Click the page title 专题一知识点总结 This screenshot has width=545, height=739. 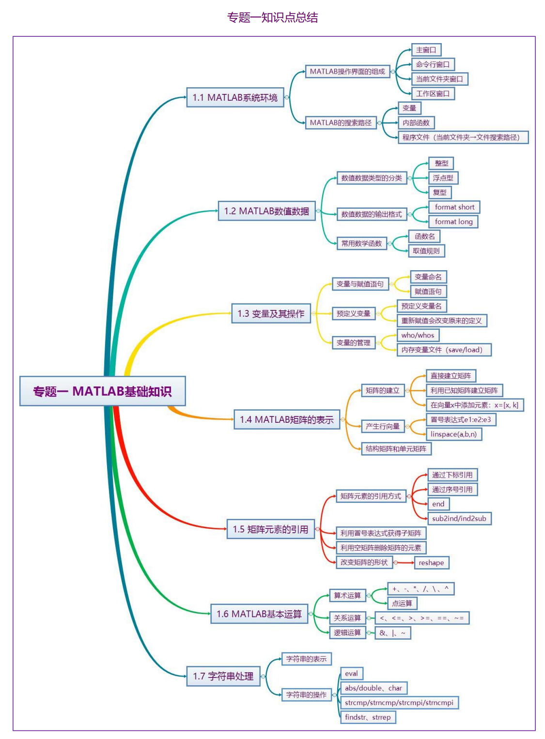tap(272, 17)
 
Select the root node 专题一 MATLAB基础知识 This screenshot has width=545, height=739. tap(103, 391)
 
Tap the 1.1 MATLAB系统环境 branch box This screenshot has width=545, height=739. tap(235, 97)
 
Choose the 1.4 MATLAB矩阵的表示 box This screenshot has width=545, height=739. tap(287, 419)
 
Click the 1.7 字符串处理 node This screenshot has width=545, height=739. tap(223, 676)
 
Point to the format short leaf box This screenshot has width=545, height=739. tap(454, 207)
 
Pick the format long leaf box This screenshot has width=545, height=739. tap(453, 221)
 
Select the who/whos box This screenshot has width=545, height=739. tap(418, 335)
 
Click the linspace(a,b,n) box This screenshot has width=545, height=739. tap(453, 434)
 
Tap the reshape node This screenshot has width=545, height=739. tap(432, 563)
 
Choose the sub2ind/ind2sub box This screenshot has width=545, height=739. tap(459, 518)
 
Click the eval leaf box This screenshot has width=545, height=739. tap(352, 673)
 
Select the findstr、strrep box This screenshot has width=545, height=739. tap(368, 717)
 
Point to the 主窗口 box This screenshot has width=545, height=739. tap(426, 50)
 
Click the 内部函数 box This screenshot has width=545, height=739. tap(416, 123)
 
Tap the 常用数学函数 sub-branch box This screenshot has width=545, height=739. tap(361, 244)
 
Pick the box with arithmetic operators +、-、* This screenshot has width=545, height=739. tap(420, 588)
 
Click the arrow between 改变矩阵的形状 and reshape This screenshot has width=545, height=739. tap(405, 563)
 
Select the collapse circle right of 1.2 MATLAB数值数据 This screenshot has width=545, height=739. tap(318, 211)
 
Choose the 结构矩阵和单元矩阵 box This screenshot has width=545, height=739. tap(396, 448)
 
